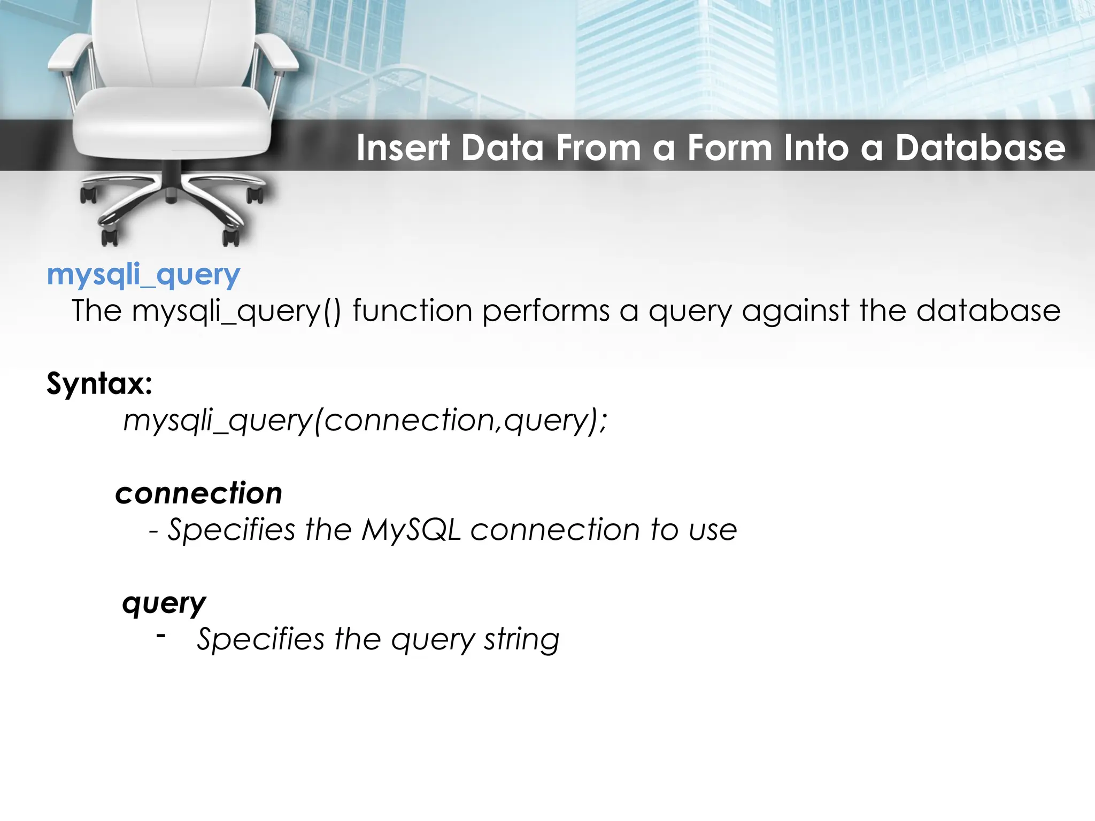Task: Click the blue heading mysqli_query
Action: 143,276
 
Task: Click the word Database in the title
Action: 980,148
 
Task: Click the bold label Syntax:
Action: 99,383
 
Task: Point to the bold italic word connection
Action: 198,493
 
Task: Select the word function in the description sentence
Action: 412,311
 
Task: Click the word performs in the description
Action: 545,311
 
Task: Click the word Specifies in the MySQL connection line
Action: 232,530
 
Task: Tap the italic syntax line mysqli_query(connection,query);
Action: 366,421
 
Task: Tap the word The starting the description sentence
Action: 97,311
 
